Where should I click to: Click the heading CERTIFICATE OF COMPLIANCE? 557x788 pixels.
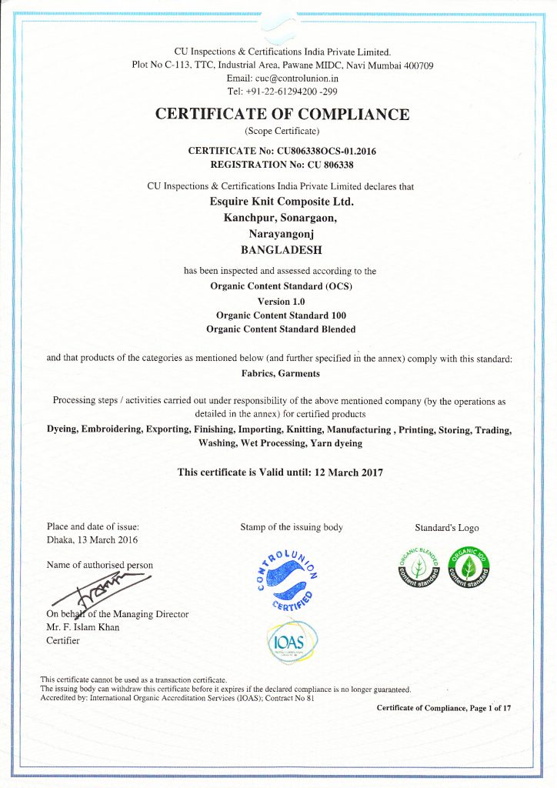click(282, 115)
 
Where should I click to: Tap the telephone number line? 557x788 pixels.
click(282, 91)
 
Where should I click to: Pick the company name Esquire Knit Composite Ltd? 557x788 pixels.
click(282, 202)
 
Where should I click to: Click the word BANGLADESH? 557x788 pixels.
click(282, 250)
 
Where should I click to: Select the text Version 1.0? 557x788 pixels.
click(282, 301)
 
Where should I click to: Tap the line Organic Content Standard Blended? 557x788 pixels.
click(282, 329)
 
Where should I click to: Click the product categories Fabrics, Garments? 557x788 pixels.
click(282, 373)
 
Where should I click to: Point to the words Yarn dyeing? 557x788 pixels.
click(334, 443)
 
